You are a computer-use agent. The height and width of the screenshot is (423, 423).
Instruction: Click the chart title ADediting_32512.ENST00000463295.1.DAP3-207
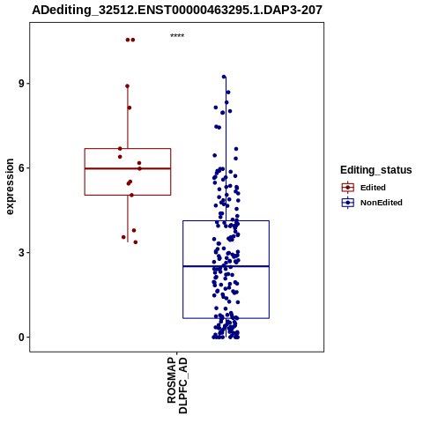[177, 10]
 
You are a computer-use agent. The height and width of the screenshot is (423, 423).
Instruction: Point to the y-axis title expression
[10, 187]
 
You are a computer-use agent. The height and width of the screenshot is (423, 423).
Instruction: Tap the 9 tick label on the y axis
[21, 84]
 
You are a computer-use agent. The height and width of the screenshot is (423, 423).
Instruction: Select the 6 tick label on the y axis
[21, 168]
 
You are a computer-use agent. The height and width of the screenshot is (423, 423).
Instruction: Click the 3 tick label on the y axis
[21, 253]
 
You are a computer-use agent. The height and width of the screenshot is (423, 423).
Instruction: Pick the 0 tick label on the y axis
[21, 338]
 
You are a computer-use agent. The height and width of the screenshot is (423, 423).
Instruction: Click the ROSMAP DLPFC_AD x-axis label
[177, 385]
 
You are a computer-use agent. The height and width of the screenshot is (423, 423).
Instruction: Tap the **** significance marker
[177, 36]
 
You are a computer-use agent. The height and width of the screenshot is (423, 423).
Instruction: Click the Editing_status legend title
[376, 170]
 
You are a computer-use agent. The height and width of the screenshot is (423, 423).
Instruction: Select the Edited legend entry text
[373, 188]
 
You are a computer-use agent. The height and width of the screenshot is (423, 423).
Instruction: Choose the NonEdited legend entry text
[382, 203]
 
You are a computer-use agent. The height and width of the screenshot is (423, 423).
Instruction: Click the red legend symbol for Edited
[348, 188]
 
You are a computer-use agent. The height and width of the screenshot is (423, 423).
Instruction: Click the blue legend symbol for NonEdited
[348, 203]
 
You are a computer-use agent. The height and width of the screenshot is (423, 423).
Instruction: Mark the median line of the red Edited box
[128, 168]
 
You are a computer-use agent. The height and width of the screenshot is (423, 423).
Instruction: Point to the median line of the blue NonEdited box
[226, 266]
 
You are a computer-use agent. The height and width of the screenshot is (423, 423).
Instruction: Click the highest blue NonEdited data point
[224, 77]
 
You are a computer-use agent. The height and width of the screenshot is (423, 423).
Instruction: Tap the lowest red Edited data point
[136, 242]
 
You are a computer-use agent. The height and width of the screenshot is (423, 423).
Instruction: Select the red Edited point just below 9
[127, 86]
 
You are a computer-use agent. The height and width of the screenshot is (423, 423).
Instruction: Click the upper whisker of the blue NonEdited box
[226, 149]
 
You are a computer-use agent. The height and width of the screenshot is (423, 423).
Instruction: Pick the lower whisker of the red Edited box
[128, 219]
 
